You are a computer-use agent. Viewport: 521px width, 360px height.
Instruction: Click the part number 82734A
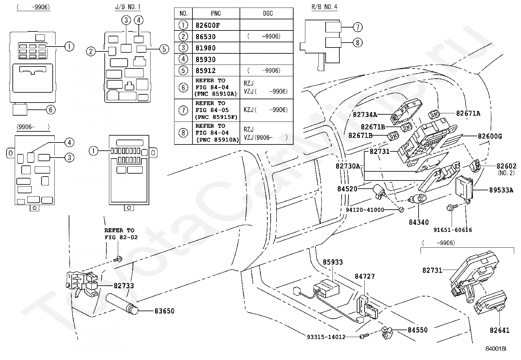(365, 115)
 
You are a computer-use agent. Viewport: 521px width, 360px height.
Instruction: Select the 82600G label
(490, 136)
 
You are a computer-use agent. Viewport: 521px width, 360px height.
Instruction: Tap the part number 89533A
(501, 190)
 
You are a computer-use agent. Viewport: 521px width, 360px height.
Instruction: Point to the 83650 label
(164, 311)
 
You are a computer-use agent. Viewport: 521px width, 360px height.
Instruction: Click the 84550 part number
(418, 330)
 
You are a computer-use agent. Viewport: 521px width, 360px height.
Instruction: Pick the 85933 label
(332, 262)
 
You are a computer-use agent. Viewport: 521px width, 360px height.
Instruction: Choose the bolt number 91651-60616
(453, 230)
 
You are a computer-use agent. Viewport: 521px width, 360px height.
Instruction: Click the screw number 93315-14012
(326, 337)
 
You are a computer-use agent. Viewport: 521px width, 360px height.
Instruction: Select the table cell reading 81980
(206, 48)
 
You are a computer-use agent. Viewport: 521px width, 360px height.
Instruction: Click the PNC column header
(216, 13)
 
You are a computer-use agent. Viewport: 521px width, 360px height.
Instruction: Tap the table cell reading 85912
(206, 70)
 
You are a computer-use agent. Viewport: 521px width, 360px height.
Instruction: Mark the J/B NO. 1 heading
(128, 7)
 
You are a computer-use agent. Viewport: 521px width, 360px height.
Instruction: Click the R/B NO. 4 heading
(324, 7)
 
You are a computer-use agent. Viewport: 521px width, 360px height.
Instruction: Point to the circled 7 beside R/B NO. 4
(357, 27)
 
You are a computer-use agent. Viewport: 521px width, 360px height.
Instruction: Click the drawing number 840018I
(496, 349)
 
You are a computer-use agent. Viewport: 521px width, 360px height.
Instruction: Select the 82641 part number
(499, 330)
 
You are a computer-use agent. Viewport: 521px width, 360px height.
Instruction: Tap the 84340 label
(419, 222)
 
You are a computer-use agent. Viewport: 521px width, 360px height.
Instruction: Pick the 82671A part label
(468, 113)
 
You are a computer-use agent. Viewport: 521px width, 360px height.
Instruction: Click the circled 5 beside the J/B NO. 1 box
(164, 49)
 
